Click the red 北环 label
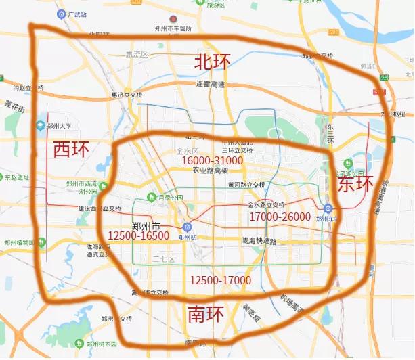212,62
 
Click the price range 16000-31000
211,160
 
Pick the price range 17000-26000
280,217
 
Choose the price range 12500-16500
138,235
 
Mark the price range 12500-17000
220,279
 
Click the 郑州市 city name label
146,225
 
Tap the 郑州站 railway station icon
188,228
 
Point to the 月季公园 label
171,198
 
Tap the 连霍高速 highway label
210,84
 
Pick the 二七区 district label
163,259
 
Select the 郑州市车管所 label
173,29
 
